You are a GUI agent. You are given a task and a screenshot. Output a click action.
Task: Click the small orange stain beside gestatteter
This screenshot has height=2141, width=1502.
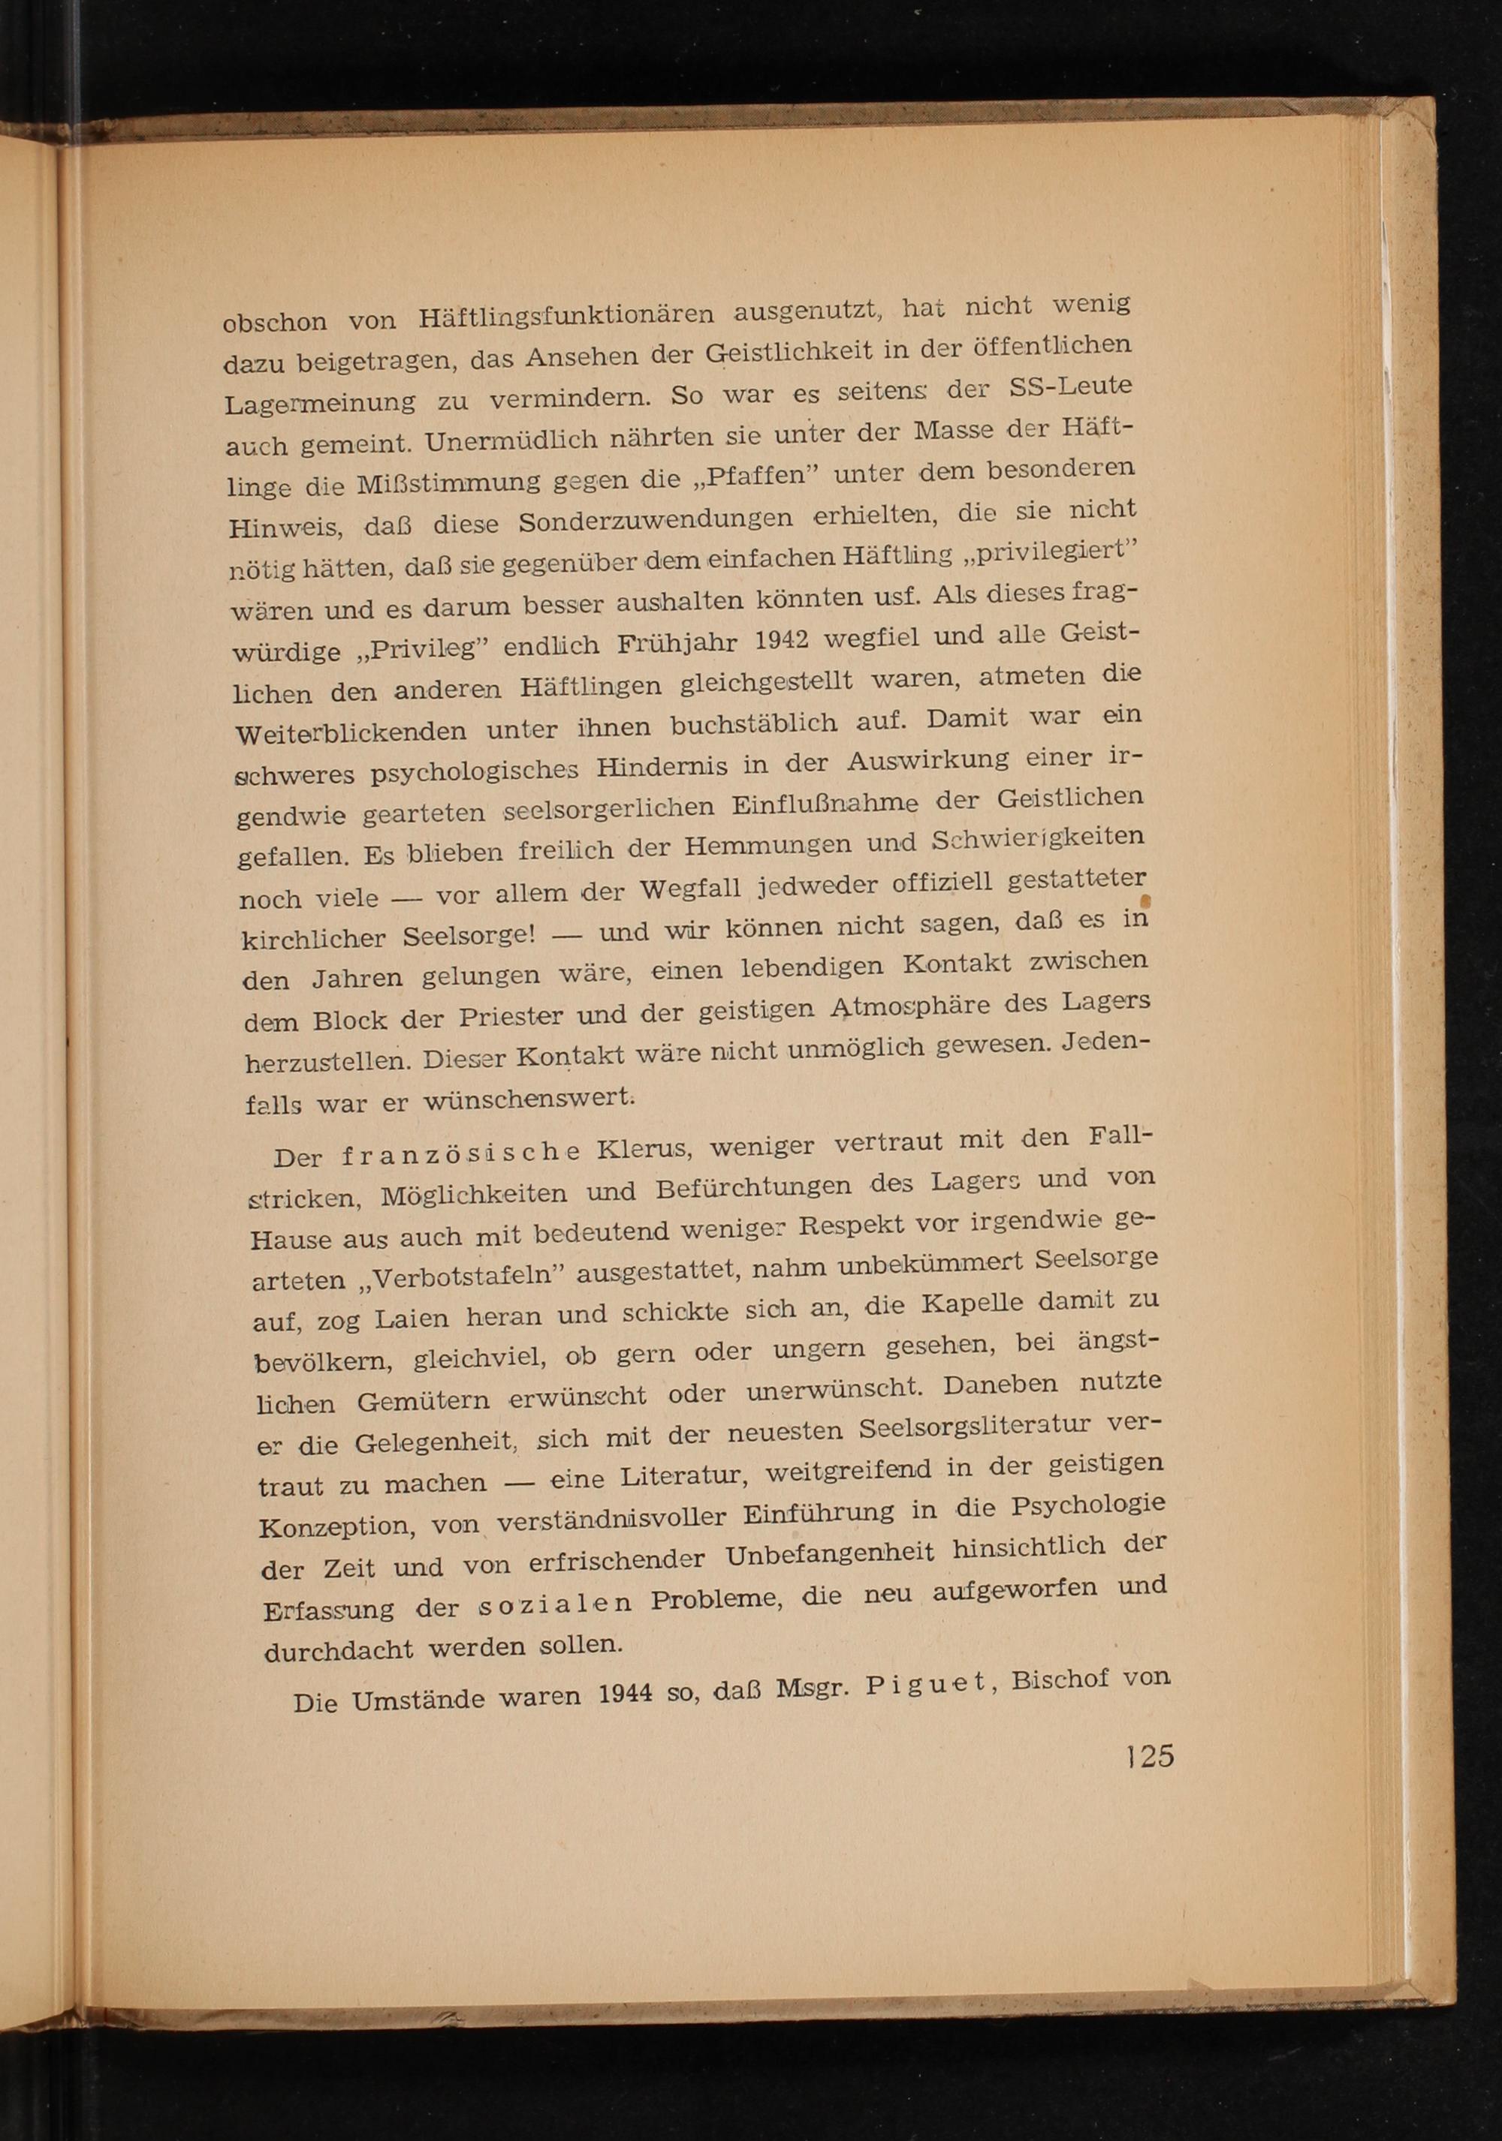[x=1145, y=901]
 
